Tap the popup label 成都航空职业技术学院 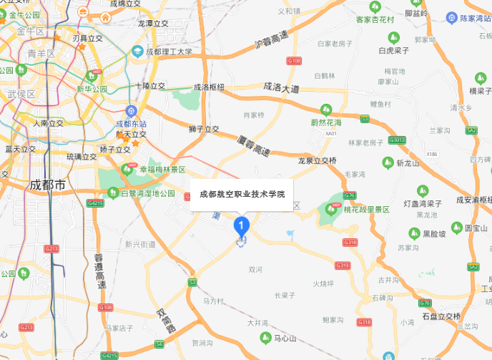pos(242,194)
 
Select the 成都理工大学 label pos(169,52)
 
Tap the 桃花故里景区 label pos(365,210)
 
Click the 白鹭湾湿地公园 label pos(147,193)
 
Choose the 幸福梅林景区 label pos(162,170)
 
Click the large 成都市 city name pos(47,185)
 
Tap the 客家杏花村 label pos(375,19)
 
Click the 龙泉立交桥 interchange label pos(317,160)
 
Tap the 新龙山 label pos(410,163)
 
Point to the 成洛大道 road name pos(281,87)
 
